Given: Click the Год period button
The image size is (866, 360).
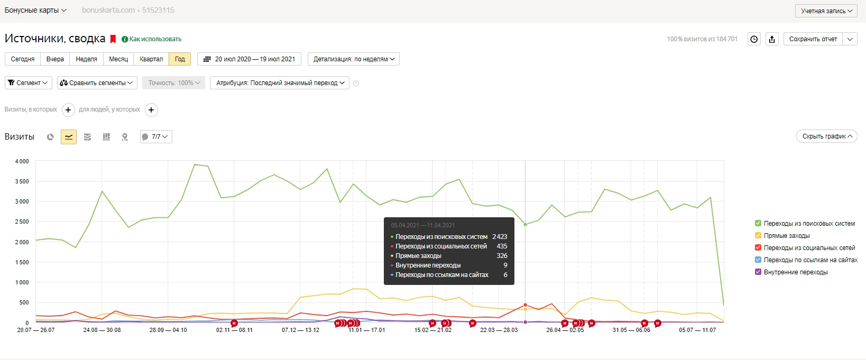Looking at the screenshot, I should [x=180, y=59].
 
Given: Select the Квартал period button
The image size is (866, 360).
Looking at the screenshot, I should [x=151, y=59].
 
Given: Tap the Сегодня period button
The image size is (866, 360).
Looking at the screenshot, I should [x=23, y=59].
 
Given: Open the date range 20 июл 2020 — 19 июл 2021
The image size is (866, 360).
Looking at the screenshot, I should [x=250, y=59].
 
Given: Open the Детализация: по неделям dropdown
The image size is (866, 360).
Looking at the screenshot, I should [x=354, y=59].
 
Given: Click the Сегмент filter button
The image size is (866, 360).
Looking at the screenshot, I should [x=29, y=83].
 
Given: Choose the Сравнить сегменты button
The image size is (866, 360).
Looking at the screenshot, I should [x=97, y=83].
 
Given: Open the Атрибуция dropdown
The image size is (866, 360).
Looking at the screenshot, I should [x=280, y=83].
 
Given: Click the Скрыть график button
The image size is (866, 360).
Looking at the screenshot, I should [x=826, y=136].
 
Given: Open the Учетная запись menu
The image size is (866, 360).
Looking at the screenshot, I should [x=826, y=11].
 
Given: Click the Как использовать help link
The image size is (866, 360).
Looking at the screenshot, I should [x=155, y=39].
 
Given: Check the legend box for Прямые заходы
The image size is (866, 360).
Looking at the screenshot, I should [x=758, y=236].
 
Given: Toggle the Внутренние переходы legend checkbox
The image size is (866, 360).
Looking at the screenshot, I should [x=758, y=272].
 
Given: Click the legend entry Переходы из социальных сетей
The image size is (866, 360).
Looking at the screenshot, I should [x=809, y=248].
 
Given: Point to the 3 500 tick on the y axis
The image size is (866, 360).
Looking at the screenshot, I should [x=22, y=181].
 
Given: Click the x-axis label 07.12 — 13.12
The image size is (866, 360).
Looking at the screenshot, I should [x=300, y=330].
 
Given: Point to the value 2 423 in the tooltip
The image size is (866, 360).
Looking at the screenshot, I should [x=500, y=237].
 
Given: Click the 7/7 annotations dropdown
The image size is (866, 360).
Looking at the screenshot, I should [x=156, y=137].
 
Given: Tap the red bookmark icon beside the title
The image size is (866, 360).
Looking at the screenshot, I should [x=113, y=39].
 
